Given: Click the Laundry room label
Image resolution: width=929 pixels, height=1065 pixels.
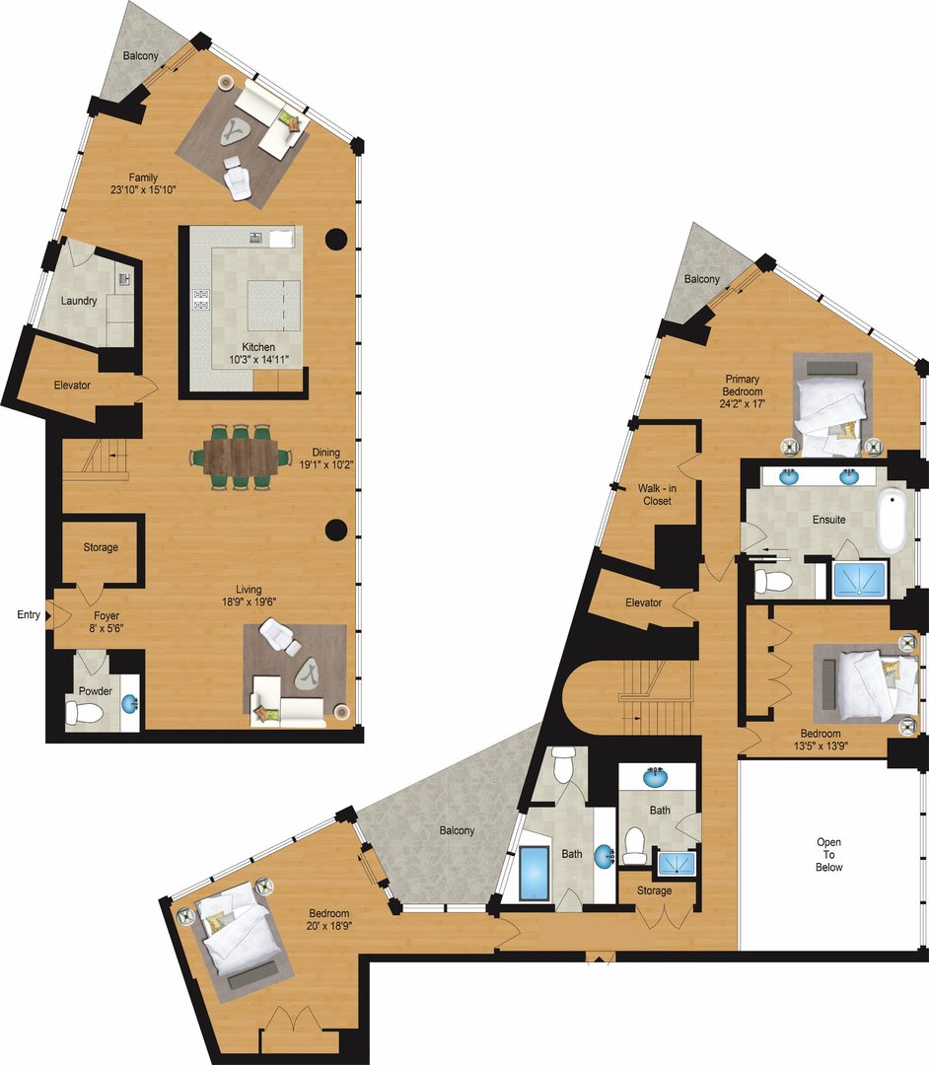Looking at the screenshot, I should click(x=78, y=301).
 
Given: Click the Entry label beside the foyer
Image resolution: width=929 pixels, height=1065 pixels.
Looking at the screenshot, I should click(x=29, y=615).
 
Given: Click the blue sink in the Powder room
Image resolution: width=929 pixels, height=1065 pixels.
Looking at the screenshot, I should click(x=129, y=704).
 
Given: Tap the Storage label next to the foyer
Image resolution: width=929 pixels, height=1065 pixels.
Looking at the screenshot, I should click(x=101, y=547).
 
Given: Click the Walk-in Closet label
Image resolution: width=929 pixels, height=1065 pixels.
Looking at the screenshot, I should click(x=656, y=494).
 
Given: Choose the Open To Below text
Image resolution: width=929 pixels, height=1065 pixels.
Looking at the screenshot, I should click(x=829, y=855).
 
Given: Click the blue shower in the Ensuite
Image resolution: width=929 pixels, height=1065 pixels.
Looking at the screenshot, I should click(x=860, y=580).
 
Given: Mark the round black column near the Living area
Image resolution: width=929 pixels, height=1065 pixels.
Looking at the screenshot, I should click(x=336, y=531).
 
